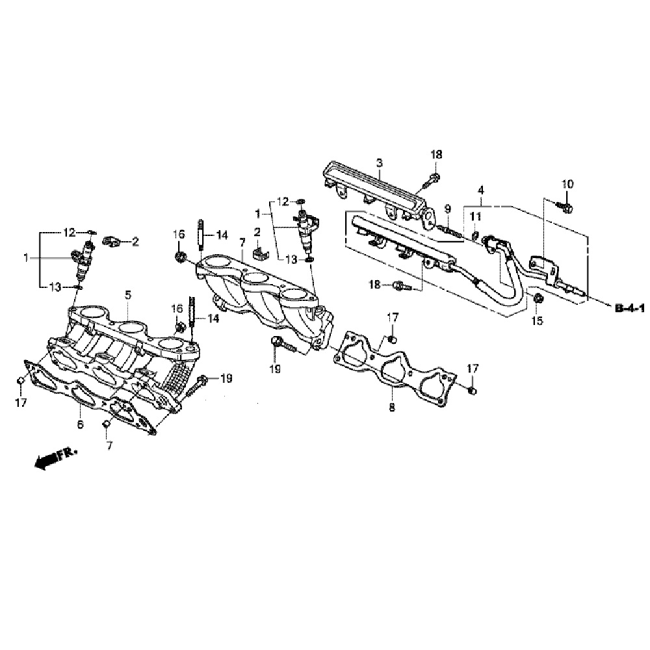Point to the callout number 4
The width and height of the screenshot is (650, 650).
click(480, 190)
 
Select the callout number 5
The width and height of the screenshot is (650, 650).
click(128, 296)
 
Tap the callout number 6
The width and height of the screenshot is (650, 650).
click(80, 425)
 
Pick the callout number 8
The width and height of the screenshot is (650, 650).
click(391, 409)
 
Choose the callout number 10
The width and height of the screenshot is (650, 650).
click(567, 185)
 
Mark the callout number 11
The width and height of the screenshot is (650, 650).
click(475, 216)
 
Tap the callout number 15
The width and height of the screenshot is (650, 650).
click(536, 320)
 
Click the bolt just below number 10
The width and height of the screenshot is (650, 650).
click(565, 207)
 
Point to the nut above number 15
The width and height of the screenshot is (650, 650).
click(538, 298)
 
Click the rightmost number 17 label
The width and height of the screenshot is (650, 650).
click(472, 369)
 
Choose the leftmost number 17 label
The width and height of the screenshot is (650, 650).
click(21, 403)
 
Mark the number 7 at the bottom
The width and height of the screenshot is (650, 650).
click(109, 446)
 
